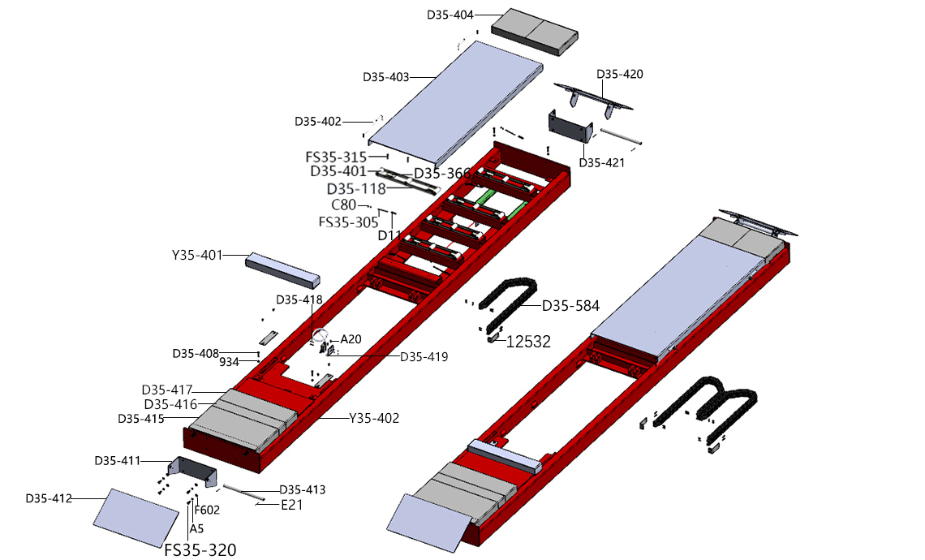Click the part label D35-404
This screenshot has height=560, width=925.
pyautogui.click(x=450, y=15)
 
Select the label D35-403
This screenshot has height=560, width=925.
pyautogui.click(x=386, y=78)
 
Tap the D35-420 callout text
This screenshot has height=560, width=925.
pyautogui.click(x=620, y=75)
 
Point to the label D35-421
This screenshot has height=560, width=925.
pyautogui.click(x=601, y=163)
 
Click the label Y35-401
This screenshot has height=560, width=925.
pyautogui.click(x=196, y=255)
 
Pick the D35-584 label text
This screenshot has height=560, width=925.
pyautogui.click(x=570, y=306)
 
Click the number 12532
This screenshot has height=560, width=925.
pyautogui.click(x=528, y=342)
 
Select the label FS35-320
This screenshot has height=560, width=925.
pyautogui.click(x=200, y=550)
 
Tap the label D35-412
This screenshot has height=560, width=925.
pyautogui.click(x=49, y=498)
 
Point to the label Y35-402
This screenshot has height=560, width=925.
pyautogui.click(x=374, y=419)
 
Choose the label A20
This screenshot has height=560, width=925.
pyautogui.click(x=351, y=339)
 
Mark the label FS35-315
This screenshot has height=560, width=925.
pyautogui.click(x=335, y=157)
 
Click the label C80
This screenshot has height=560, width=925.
pyautogui.click(x=343, y=205)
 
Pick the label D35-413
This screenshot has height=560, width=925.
pyautogui.click(x=302, y=490)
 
